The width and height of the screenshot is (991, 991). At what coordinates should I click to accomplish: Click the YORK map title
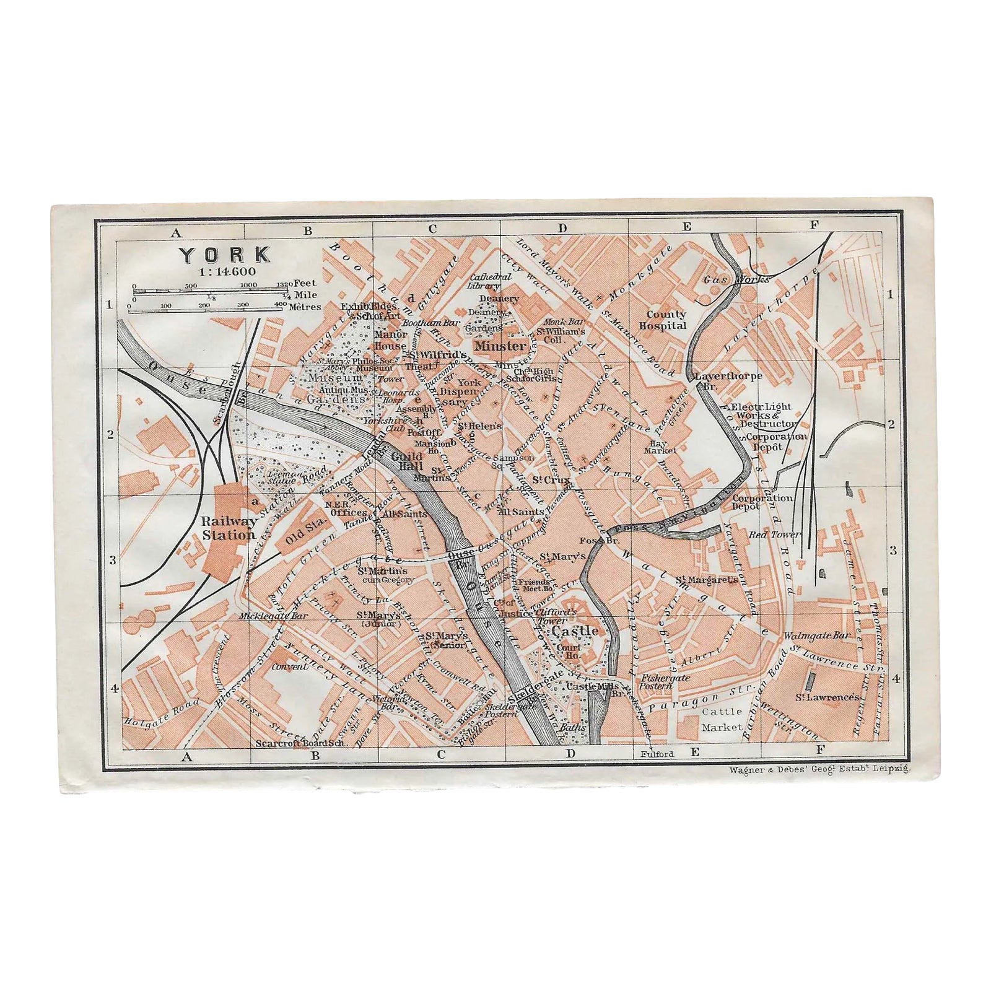(x=225, y=255)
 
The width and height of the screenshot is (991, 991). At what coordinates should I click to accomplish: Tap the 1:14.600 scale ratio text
(x=225, y=271)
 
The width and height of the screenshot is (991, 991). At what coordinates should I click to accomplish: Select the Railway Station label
(x=229, y=528)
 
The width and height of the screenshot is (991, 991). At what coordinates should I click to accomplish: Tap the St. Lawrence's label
(x=828, y=697)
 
